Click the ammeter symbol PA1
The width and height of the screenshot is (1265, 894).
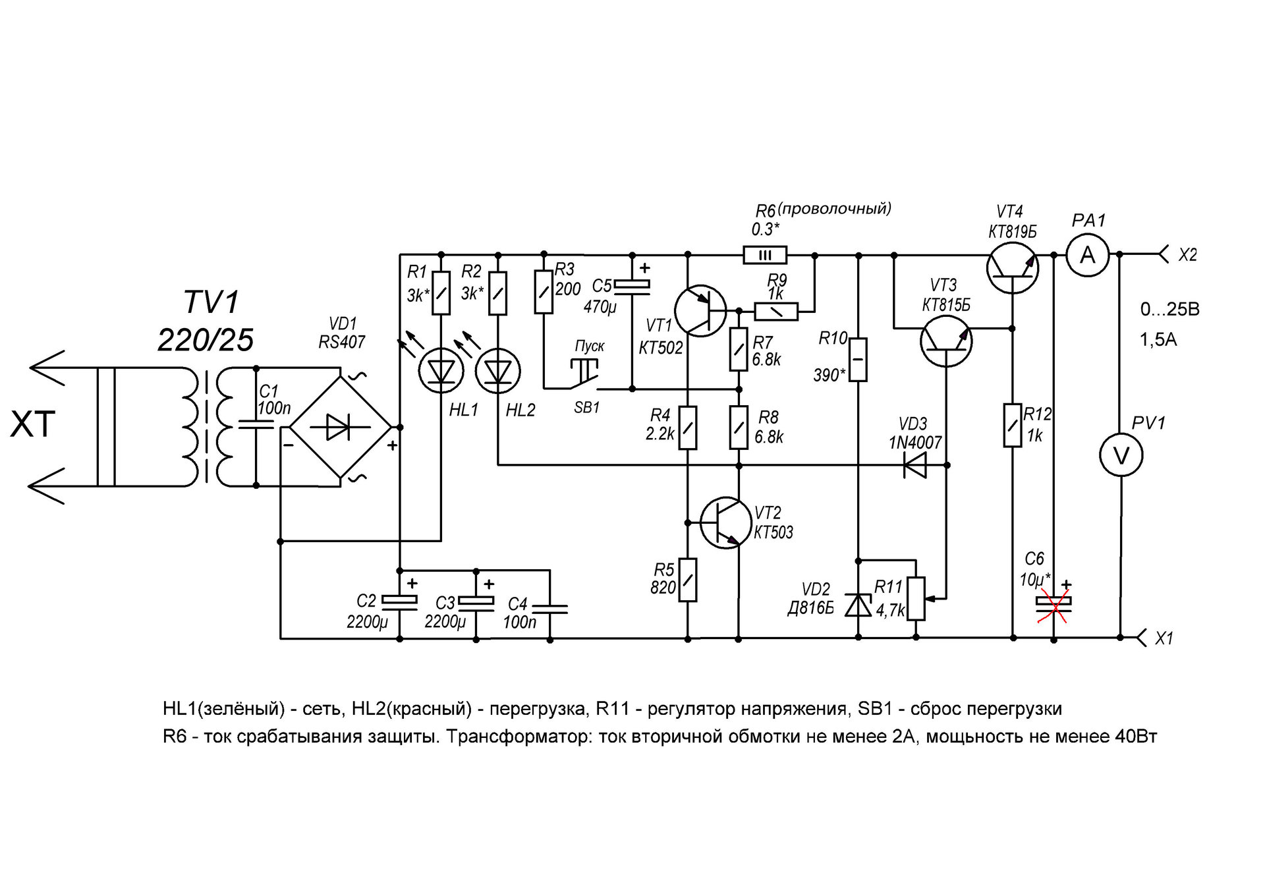click(x=1087, y=254)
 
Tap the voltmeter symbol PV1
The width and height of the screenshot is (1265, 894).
click(x=1121, y=455)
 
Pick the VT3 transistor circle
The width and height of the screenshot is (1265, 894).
click(x=945, y=341)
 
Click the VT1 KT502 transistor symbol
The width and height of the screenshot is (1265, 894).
click(x=700, y=311)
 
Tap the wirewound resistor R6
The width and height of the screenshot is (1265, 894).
click(x=764, y=255)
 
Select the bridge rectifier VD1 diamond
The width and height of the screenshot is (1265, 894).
click(x=340, y=428)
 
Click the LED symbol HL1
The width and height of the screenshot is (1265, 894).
click(x=441, y=371)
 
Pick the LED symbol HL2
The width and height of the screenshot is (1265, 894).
click(x=497, y=371)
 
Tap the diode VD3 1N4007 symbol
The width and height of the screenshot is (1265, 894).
click(x=914, y=466)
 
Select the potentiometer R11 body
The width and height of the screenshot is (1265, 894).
click(x=916, y=599)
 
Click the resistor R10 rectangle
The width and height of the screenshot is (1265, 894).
click(x=858, y=360)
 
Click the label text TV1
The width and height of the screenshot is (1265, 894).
click(x=211, y=303)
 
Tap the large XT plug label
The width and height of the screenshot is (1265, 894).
click(x=32, y=424)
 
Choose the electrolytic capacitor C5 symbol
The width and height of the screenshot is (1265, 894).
click(x=632, y=285)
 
